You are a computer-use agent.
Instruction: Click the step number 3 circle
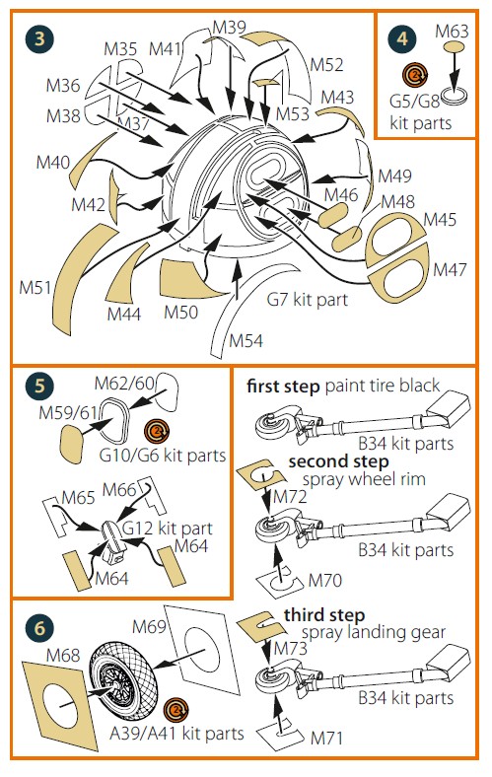click(x=39, y=38)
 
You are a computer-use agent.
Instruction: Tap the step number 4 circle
click(x=402, y=38)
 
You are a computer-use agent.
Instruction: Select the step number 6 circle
click(x=39, y=628)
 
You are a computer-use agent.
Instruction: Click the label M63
click(x=452, y=32)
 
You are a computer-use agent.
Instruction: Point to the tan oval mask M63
click(x=454, y=47)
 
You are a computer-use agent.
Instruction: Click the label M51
click(x=35, y=287)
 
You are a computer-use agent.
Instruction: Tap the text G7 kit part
click(x=308, y=300)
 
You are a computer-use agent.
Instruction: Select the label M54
click(x=246, y=340)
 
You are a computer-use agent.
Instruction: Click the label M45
click(x=440, y=220)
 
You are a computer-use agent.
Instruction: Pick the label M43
click(x=337, y=97)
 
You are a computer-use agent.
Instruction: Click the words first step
click(x=283, y=386)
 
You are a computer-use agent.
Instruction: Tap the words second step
click(x=338, y=461)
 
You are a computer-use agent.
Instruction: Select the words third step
click(x=324, y=615)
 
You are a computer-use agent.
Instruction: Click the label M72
click(x=290, y=496)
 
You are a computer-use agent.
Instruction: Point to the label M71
click(x=326, y=738)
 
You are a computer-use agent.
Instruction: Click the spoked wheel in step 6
click(x=123, y=681)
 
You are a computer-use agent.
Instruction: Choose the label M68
click(x=63, y=655)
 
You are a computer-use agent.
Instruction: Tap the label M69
click(x=149, y=626)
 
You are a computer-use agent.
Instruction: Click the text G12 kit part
click(x=167, y=529)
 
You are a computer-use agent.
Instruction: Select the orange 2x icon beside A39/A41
click(x=176, y=709)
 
